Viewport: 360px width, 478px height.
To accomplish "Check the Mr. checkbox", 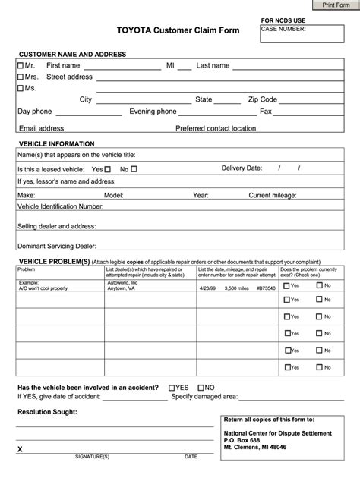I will (x=21, y=66).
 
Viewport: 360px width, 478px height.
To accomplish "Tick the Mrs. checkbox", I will (x=21, y=77).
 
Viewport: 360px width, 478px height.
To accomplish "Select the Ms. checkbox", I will (x=21, y=88).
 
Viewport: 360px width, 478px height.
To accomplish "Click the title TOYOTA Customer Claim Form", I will (x=177, y=30).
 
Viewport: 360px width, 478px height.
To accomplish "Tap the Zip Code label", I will (x=262, y=99).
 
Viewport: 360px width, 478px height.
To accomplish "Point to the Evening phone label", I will (x=153, y=112).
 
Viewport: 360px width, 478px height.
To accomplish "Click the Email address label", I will (x=41, y=128).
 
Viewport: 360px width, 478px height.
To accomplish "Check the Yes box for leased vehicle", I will (x=108, y=169).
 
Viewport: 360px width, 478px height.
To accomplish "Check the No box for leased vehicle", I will (x=134, y=169).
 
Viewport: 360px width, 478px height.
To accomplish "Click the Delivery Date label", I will (x=242, y=168).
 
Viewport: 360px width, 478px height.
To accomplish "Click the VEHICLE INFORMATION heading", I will (x=56, y=143).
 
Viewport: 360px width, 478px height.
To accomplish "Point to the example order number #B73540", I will (x=265, y=288).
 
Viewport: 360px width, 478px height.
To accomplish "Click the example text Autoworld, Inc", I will (x=123, y=282).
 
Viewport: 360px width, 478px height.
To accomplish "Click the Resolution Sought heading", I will (x=47, y=412).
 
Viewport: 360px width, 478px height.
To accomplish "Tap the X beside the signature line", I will (x=20, y=450).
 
